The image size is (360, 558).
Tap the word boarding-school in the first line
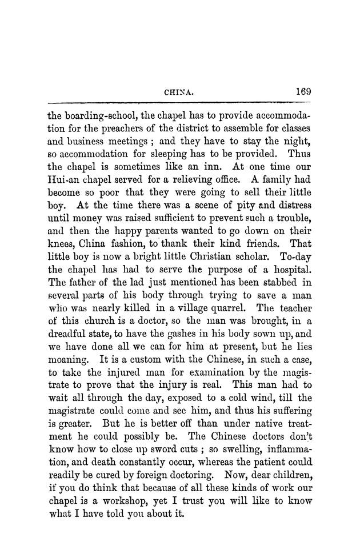[98, 113]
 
